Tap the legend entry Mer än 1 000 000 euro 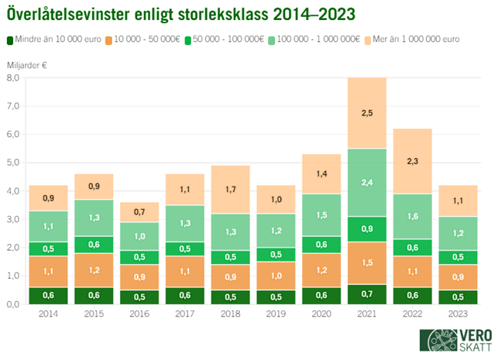coord(410,39)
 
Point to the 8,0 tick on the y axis coord(14,77)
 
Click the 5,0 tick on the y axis coord(14,163)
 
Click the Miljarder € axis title coord(26,66)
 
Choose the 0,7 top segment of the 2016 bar coord(139,212)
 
